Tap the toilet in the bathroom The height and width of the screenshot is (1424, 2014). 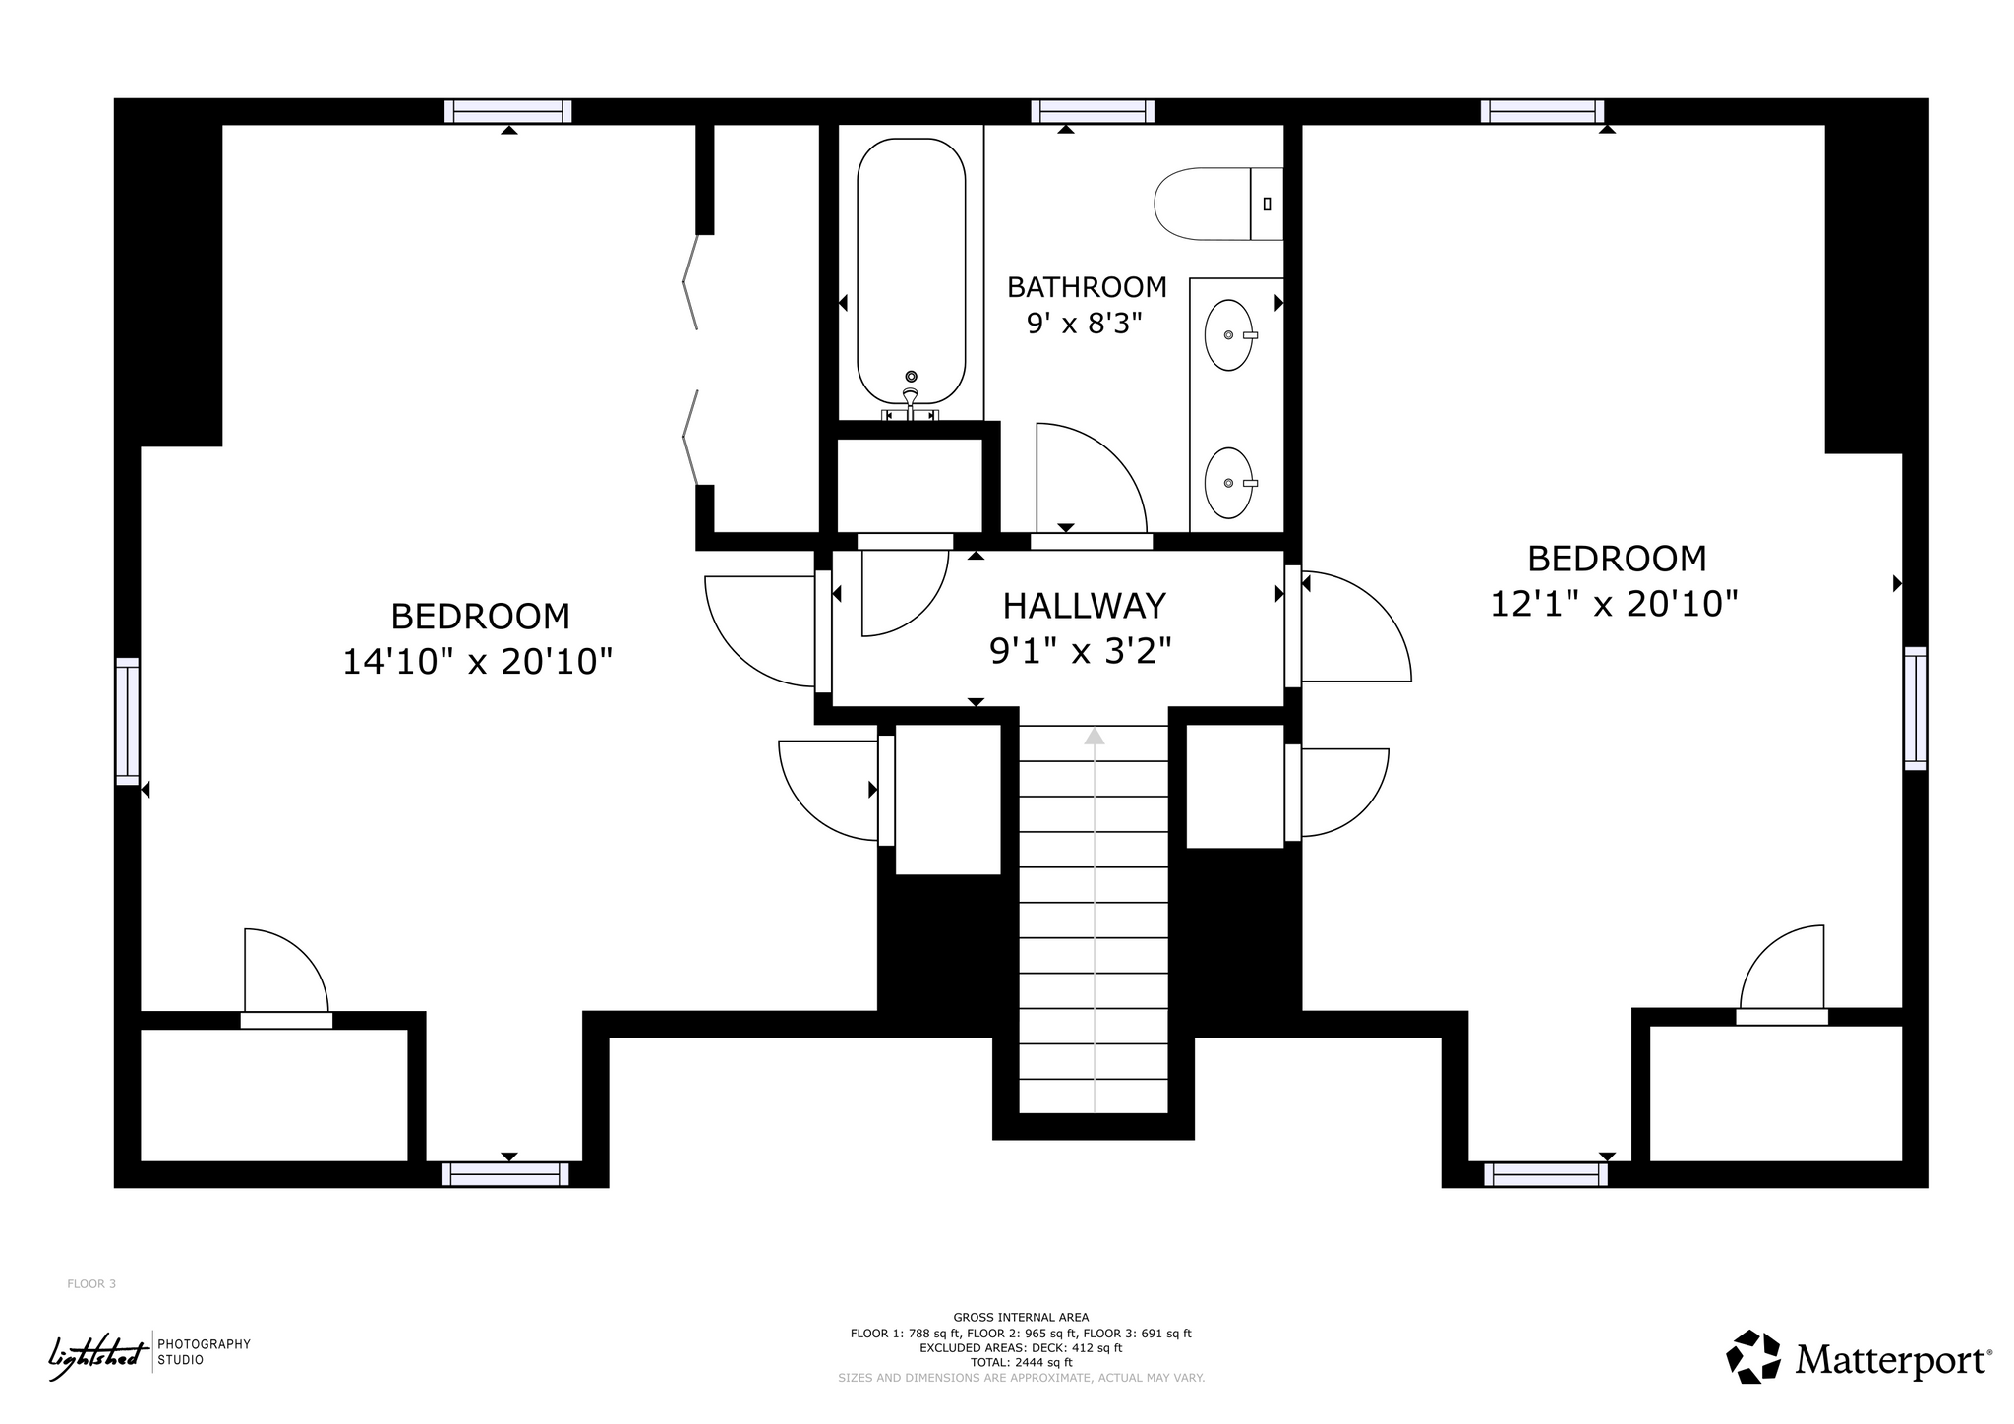click(x=1218, y=204)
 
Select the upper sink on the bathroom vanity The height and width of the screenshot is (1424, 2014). click(x=1229, y=335)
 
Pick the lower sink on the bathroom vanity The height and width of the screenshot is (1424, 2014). click(x=1229, y=483)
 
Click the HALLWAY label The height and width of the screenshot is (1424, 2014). click(x=1084, y=605)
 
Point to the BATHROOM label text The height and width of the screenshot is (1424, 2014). click(x=1087, y=287)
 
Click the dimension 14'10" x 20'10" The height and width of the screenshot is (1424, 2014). click(x=478, y=662)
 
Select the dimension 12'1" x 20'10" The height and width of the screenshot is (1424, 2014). click(x=1615, y=603)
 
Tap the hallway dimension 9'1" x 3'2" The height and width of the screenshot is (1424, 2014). click(x=1081, y=650)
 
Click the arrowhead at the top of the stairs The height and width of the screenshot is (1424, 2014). click(x=1094, y=736)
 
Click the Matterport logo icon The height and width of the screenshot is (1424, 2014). click(x=1753, y=1357)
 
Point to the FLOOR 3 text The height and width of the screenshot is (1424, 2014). click(x=91, y=1284)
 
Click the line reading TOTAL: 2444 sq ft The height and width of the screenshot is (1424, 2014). click(x=1021, y=1363)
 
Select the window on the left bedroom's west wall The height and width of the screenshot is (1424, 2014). click(x=128, y=721)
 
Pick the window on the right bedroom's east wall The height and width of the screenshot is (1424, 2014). click(x=1915, y=708)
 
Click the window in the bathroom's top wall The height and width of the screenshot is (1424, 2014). click(x=1093, y=111)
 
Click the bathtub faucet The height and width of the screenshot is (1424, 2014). click(x=911, y=398)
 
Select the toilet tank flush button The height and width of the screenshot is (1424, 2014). click(x=1267, y=204)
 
